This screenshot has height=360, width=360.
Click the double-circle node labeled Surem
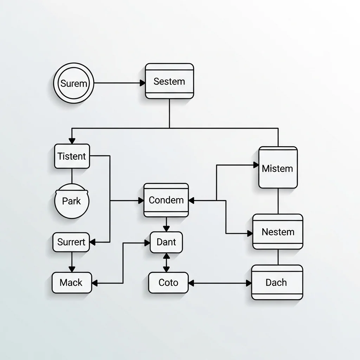74,83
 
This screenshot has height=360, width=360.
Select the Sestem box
169,81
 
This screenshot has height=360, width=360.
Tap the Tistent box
72,156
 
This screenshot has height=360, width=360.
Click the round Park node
72,201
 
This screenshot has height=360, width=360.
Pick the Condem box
166,200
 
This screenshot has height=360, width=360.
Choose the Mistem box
278,168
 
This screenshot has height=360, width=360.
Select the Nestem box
278,232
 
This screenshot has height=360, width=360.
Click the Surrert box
71,242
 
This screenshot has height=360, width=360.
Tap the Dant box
166,242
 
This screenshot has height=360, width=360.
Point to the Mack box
71,282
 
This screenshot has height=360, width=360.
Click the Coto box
168,283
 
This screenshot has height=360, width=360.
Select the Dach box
277,282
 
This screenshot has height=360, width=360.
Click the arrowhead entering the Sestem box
142,83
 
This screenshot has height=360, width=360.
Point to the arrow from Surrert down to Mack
72,262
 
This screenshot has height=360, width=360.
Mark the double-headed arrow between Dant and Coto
166,262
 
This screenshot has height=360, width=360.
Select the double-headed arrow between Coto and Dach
220,283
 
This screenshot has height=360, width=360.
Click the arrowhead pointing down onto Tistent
72,141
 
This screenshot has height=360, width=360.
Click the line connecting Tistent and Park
72,176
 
